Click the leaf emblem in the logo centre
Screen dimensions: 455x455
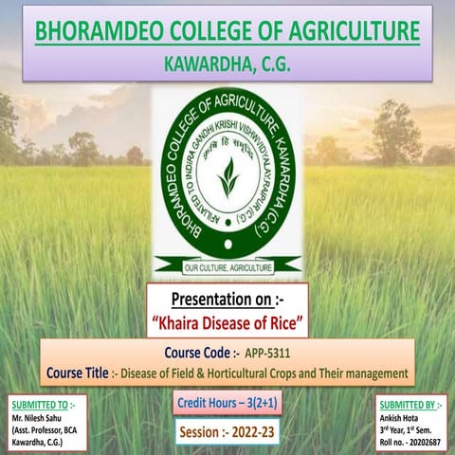[227, 176]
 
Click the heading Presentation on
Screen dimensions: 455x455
[227, 301]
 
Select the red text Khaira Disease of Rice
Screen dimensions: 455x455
[227, 325]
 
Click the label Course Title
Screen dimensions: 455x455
[80, 373]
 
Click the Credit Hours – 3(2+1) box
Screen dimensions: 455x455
[226, 405]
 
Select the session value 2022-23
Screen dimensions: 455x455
[250, 432]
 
